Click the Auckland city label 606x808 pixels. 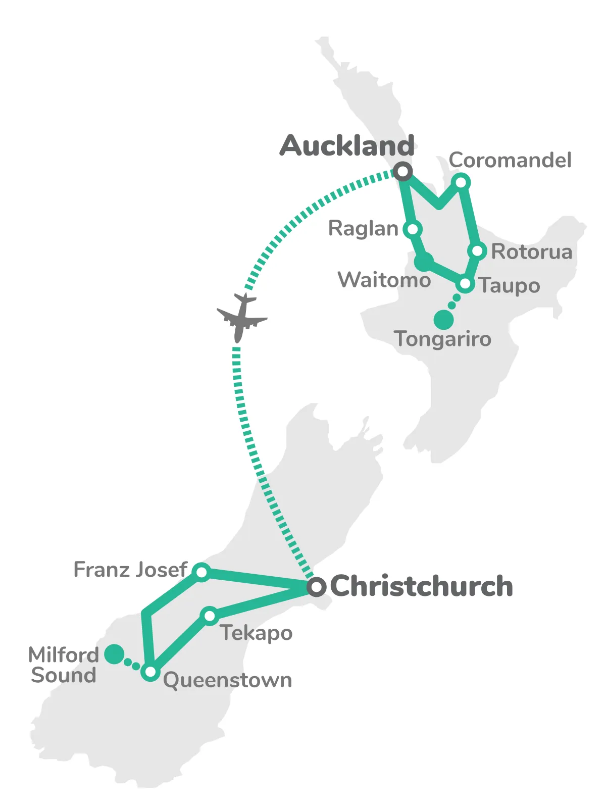coord(347,146)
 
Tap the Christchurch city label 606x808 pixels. coord(422,586)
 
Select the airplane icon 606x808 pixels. coord(241,317)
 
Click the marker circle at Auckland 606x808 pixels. coord(402,172)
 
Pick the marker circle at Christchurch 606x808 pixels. coord(316,587)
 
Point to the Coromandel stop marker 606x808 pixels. coord(461,182)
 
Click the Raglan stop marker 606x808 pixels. coord(413,229)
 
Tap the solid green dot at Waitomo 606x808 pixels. coord(424,262)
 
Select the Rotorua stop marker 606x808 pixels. coord(477,251)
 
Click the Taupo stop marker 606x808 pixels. coord(465,284)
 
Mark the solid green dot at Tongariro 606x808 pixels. coord(443,319)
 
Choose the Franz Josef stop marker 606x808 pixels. coord(201,572)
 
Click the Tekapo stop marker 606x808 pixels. coord(209,616)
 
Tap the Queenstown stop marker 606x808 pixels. coord(150,672)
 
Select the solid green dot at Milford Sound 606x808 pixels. coord(114,654)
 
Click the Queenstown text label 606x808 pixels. coord(228,680)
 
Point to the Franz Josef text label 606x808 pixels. coord(130,570)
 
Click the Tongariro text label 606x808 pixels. coord(443,339)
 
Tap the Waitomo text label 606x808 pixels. coord(384,280)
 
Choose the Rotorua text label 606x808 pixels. coord(532,251)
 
